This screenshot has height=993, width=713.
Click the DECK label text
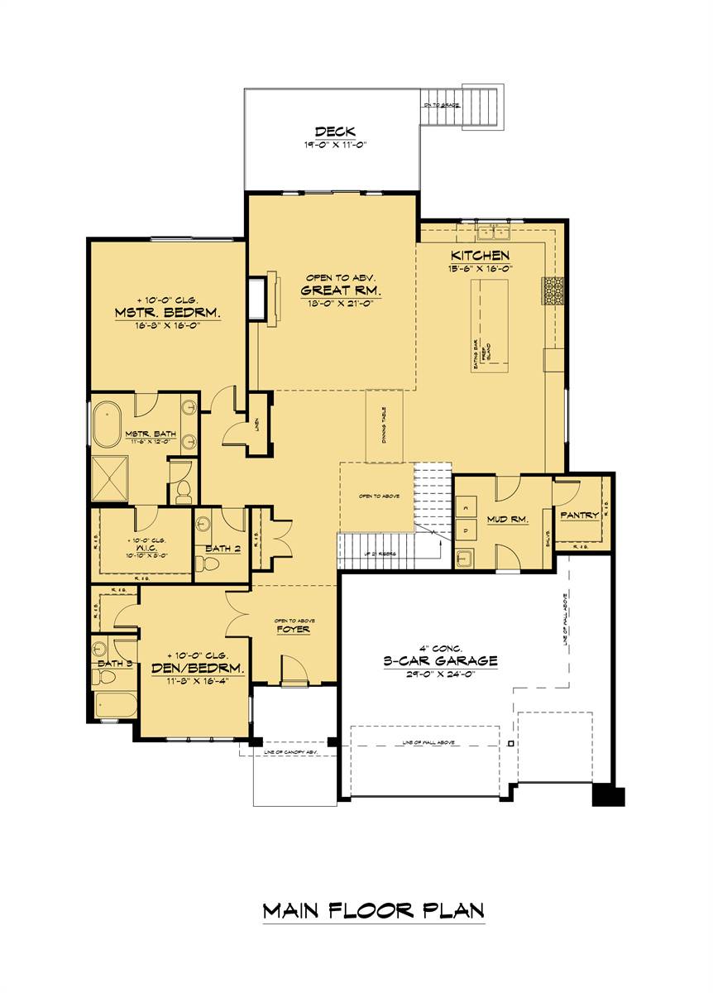tap(335, 132)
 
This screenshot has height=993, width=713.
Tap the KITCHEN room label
tap(480, 256)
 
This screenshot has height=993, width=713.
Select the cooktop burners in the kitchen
tap(553, 291)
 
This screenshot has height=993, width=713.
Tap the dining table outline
tap(385, 425)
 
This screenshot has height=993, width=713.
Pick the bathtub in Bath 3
tap(113, 705)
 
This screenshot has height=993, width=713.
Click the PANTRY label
tap(579, 515)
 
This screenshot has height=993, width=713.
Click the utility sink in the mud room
tap(465, 557)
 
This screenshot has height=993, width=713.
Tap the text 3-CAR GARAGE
tap(440, 660)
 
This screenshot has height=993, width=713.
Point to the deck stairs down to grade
tap(481, 105)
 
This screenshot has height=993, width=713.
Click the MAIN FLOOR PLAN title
tap(373, 911)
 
